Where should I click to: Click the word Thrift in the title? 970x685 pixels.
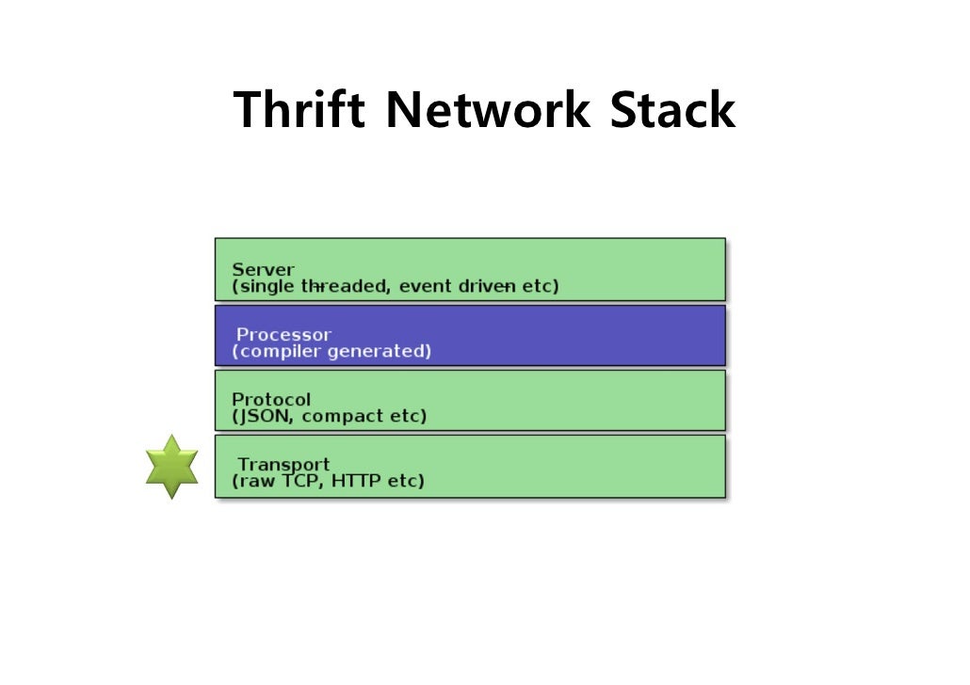click(299, 110)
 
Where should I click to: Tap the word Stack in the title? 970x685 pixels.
click(671, 110)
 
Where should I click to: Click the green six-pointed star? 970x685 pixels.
click(172, 467)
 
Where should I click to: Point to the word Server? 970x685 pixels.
click(263, 270)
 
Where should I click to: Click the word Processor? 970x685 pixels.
click(283, 334)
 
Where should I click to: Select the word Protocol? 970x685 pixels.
click(271, 399)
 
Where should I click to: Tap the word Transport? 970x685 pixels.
click(283, 464)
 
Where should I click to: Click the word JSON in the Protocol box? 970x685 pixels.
click(265, 416)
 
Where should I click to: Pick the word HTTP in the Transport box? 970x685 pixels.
click(359, 481)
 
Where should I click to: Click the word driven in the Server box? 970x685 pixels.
click(486, 286)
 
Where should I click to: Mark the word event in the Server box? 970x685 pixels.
click(425, 286)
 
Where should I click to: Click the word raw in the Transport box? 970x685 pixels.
click(256, 481)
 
